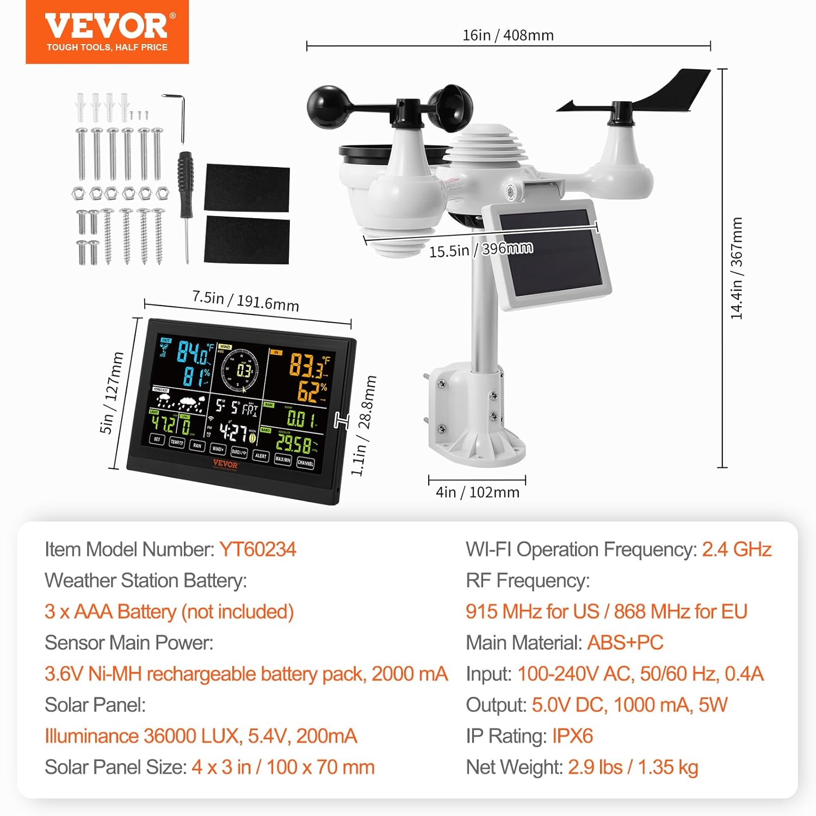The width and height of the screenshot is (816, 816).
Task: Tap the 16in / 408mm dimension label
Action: (x=508, y=35)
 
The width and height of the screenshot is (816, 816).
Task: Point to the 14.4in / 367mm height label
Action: (x=736, y=268)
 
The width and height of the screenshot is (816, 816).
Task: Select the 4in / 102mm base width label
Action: (x=477, y=492)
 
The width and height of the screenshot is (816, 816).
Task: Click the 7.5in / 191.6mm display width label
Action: (x=245, y=300)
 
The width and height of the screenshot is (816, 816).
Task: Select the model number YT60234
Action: (x=257, y=549)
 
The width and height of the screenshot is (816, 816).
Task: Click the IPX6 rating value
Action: (x=572, y=736)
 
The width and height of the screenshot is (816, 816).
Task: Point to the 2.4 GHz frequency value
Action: (x=737, y=549)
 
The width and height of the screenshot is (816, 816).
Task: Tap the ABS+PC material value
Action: (x=625, y=642)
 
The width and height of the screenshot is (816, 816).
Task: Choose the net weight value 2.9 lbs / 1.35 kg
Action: (x=633, y=767)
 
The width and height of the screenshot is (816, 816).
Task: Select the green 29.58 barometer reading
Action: (x=294, y=444)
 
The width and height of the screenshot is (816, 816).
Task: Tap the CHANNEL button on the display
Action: (x=306, y=463)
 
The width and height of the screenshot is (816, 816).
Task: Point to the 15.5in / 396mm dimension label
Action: (x=481, y=250)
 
